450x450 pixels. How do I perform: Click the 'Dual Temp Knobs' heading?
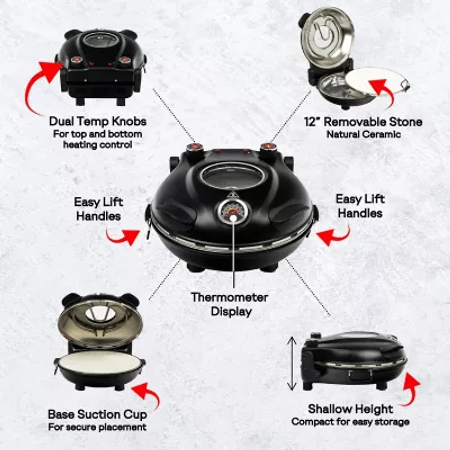point(98,121)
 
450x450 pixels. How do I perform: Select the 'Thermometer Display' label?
point(229,304)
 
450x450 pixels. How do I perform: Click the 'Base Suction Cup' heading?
point(97,415)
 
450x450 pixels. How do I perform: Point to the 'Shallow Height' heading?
point(350,409)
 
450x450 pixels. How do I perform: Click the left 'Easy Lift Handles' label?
point(98,208)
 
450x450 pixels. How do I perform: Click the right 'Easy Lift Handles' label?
point(359,205)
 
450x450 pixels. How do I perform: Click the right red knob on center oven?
point(267,147)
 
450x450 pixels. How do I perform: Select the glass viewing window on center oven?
point(231,176)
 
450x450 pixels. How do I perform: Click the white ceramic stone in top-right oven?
point(374,82)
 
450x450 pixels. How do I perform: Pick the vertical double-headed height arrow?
point(291,363)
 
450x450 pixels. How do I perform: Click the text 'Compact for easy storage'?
point(350,421)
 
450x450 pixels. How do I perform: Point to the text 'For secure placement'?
point(97,427)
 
